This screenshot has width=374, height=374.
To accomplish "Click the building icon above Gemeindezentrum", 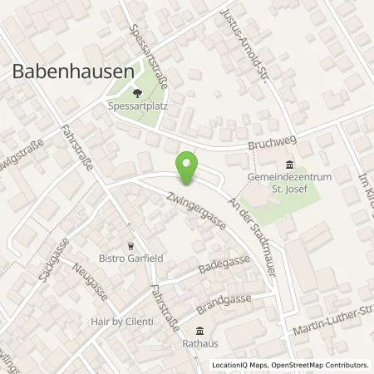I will click(x=288, y=164).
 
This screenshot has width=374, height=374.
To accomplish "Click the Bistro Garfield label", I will click(x=131, y=258).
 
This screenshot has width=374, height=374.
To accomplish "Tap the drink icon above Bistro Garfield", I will click(x=130, y=245).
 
